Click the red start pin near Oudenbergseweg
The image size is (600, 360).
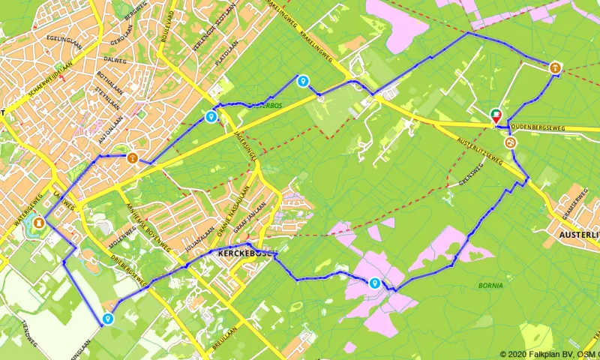495,115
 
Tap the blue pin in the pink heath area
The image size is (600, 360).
374,283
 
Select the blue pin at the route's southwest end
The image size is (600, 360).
108,319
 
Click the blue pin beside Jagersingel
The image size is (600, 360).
211,116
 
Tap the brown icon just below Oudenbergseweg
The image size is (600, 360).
510,141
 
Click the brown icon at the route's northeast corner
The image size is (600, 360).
554,67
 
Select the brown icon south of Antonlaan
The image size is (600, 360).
132,157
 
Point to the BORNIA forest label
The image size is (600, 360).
491,286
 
